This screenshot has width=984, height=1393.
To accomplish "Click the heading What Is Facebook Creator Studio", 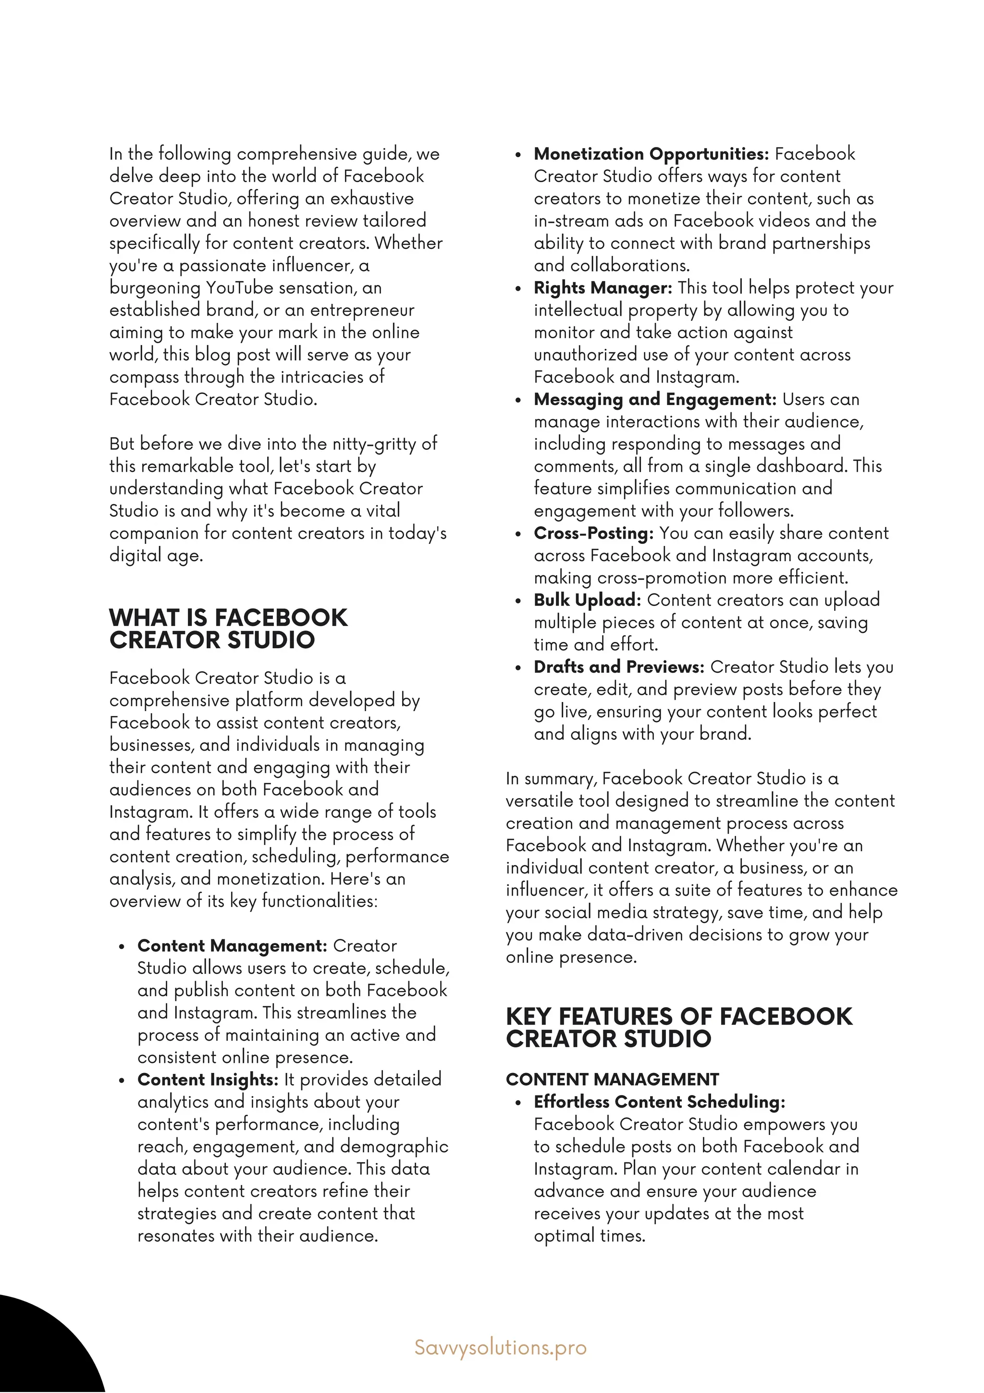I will (x=228, y=629).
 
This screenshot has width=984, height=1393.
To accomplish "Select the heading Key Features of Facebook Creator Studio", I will (x=679, y=1027).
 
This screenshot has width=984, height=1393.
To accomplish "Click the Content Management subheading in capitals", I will (x=612, y=1079).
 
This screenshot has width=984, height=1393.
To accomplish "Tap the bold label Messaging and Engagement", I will (x=654, y=399).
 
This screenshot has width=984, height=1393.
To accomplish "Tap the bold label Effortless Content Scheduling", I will (x=659, y=1102).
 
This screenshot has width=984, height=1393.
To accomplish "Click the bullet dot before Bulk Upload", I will (x=518, y=601).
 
